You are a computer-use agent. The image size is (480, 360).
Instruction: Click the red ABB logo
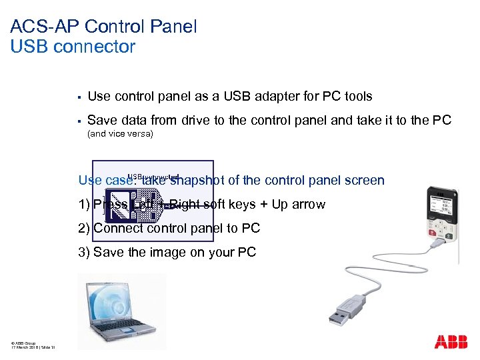pyautogui.click(x=451, y=342)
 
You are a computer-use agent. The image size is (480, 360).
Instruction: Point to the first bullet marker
pyautogui.click(x=79, y=97)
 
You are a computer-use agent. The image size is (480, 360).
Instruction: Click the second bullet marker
pyautogui.click(x=79, y=121)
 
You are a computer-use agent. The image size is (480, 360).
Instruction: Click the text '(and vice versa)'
pyautogui.click(x=121, y=134)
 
